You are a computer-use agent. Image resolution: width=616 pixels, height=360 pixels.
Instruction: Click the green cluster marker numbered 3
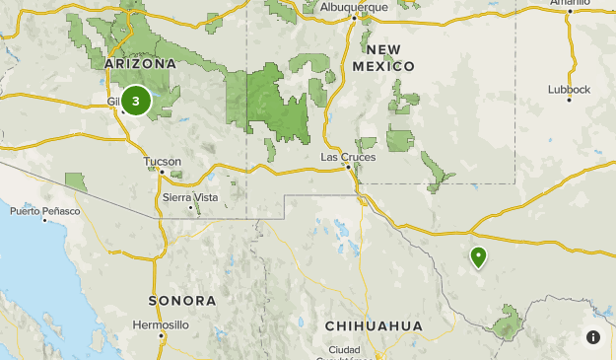pyautogui.click(x=136, y=101)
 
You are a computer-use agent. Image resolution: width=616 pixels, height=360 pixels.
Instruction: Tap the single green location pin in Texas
pyautogui.click(x=478, y=257)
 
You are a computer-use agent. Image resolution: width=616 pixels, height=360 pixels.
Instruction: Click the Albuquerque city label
pyautogui.click(x=353, y=6)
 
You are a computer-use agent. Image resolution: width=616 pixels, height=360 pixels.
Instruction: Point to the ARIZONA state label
pyautogui.click(x=140, y=64)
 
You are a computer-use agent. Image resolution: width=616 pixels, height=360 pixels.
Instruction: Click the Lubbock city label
pyautogui.click(x=570, y=89)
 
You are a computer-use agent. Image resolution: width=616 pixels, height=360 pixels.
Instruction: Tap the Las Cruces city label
pyautogui.click(x=349, y=157)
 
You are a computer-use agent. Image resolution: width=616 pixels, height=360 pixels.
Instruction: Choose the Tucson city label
pyautogui.click(x=162, y=161)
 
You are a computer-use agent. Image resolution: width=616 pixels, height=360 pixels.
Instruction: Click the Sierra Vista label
pyautogui.click(x=190, y=197)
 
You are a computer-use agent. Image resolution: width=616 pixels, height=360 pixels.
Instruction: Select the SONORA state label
pyautogui.click(x=181, y=300)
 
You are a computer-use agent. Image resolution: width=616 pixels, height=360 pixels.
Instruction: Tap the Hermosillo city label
pyautogui.click(x=160, y=324)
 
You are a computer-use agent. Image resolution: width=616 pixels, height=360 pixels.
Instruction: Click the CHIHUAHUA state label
pyautogui.click(x=374, y=325)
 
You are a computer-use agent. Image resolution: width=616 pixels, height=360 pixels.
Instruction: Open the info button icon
pyautogui.click(x=593, y=337)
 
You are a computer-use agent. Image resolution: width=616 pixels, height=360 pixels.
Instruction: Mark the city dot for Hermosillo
pyautogui.click(x=161, y=335)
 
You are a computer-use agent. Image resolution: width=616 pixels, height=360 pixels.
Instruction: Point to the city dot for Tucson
pyautogui.click(x=162, y=172)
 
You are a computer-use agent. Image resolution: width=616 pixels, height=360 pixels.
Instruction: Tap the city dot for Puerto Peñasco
pyautogui.click(x=44, y=220)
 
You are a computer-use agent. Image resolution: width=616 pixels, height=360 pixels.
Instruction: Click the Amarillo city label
pyautogui.click(x=596, y=3)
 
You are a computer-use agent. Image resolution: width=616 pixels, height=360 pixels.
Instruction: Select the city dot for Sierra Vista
pyautogui.click(x=189, y=207)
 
